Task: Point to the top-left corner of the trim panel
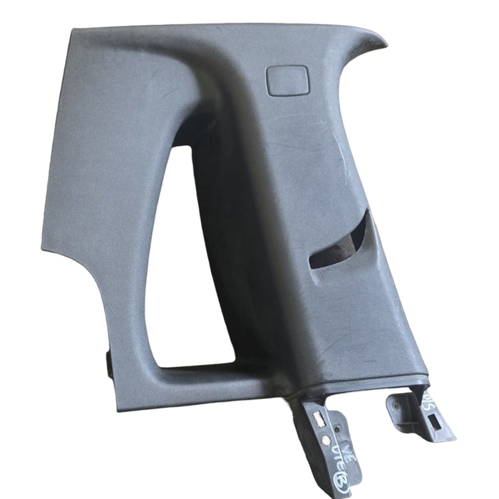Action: click(x=74, y=32)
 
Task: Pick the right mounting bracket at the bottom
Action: click(x=421, y=413)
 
